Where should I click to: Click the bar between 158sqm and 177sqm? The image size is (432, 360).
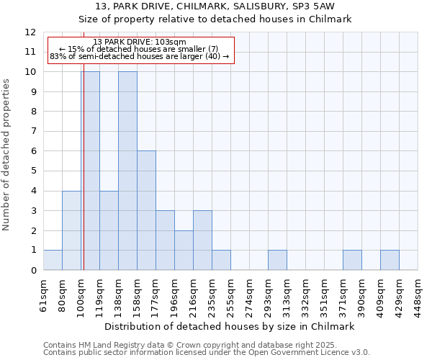146,210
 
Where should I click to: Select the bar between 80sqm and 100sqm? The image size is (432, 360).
71,230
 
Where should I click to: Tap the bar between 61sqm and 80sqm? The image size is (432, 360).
53,260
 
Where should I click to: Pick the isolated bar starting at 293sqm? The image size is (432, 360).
277,260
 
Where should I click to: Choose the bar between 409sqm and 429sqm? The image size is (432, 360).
390,260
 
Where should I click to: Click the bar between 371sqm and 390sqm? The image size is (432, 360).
352,260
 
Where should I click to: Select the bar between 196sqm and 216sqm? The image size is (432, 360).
184,250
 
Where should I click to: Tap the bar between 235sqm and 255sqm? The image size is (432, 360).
221,260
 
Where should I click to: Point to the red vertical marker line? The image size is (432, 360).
84,180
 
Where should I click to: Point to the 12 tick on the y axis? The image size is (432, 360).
30,32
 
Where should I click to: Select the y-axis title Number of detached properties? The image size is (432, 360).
6,155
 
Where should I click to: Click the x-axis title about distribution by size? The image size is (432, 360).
230,326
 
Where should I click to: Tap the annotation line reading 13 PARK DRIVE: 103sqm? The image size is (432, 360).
140,42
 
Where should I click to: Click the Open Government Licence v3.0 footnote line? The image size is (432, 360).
207,353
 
